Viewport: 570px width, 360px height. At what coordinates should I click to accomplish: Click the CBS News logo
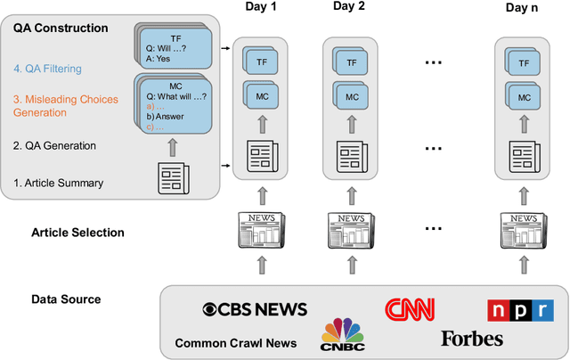[x=255, y=309]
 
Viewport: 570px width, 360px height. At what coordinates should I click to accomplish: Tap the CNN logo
[x=409, y=309]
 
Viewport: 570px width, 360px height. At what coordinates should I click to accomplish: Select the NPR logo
[x=520, y=310]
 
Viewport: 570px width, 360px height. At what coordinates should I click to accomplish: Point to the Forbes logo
[x=471, y=339]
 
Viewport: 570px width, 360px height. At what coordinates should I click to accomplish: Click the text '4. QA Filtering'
[x=49, y=68]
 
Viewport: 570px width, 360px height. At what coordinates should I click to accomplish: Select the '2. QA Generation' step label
[x=55, y=145]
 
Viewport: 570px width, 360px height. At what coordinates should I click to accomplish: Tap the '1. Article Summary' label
[x=58, y=184]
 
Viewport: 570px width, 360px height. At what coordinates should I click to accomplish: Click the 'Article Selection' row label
[x=77, y=233]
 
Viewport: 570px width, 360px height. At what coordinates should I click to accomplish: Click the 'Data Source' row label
[x=66, y=299]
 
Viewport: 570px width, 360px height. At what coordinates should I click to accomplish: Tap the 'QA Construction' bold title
[x=61, y=29]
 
